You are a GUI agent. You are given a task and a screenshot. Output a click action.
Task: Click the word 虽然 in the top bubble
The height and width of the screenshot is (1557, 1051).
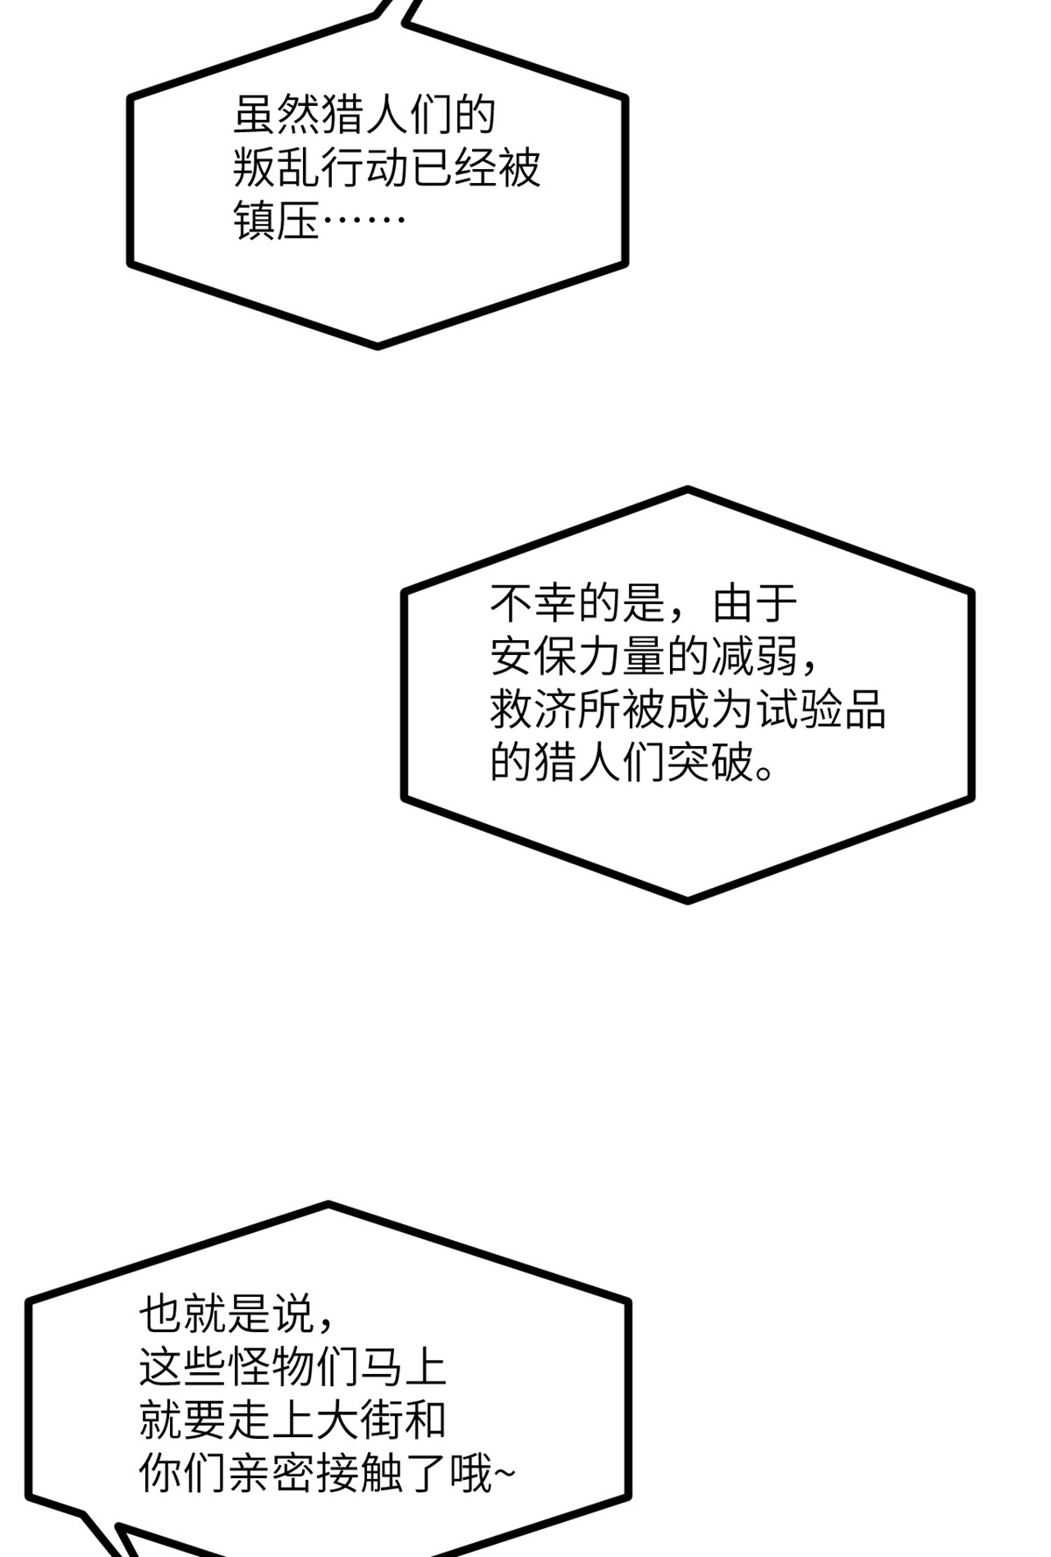pos(277,114)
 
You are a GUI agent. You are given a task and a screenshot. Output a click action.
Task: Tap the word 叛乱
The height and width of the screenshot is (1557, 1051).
pos(277,167)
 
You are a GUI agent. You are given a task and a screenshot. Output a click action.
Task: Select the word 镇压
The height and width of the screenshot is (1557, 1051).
pos(277,221)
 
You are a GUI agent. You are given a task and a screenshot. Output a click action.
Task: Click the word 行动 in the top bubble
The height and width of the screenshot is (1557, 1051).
pos(365,167)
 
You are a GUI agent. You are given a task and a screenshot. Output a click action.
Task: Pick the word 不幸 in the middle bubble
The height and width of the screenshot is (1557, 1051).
pos(533,602)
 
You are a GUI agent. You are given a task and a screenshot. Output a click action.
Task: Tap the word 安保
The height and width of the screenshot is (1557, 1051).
pos(533,656)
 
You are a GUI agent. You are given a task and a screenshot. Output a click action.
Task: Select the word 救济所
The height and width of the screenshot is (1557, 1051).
pos(555,709)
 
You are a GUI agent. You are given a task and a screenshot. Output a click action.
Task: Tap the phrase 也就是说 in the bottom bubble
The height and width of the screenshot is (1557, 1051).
pos(227,1314)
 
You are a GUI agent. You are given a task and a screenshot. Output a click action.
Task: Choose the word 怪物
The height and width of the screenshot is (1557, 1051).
pos(271,1367)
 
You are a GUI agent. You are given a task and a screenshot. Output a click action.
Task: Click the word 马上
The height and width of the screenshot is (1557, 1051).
pos(403,1367)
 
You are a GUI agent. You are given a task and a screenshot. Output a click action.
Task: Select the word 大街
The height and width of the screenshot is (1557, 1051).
pos(359,1420)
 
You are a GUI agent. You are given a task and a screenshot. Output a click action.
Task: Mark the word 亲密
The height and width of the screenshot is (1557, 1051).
pos(271,1474)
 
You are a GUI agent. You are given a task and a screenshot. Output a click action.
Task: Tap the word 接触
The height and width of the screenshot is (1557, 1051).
pos(359,1474)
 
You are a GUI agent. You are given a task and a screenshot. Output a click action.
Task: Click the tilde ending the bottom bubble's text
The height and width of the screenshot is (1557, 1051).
pos(505,1475)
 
